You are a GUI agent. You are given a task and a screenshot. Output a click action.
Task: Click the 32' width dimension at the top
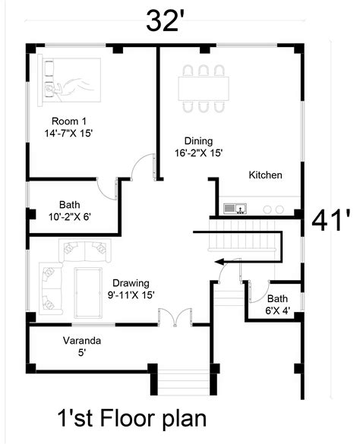click(166, 20)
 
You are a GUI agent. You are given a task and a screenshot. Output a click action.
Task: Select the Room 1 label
click(68, 127)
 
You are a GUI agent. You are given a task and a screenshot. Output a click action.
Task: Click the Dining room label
click(198, 146)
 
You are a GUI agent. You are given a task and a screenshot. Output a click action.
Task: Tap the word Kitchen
click(266, 175)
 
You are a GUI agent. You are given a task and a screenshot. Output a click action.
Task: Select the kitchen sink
click(232, 208)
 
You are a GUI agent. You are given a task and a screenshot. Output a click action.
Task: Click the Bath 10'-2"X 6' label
click(70, 210)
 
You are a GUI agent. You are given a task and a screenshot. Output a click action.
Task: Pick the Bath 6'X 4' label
click(277, 304)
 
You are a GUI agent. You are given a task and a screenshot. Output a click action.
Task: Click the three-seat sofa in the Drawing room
click(82, 248)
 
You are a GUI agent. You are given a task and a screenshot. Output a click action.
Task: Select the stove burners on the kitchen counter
click(273, 209)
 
